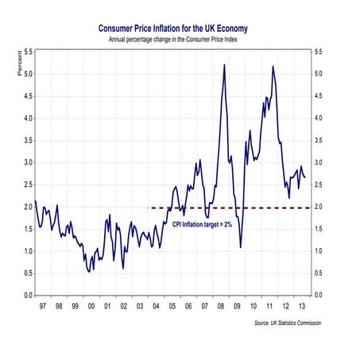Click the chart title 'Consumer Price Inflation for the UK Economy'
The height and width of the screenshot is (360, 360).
(x=180, y=26)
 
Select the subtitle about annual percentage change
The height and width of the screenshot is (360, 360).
(x=180, y=37)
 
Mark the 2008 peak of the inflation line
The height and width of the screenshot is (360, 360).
(x=225, y=64)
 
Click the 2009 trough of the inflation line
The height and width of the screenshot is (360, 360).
(x=240, y=247)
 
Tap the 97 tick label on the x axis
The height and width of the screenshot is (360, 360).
(x=42, y=304)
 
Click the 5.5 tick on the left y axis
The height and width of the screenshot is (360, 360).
(x=27, y=52)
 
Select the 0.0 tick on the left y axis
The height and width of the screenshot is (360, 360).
(x=27, y=295)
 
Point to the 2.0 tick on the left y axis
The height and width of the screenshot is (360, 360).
(x=27, y=207)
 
